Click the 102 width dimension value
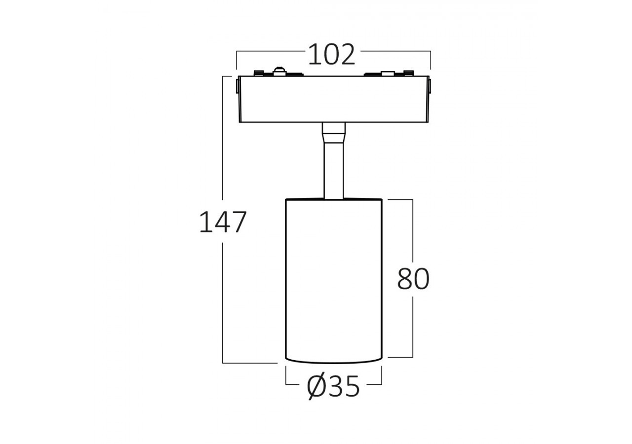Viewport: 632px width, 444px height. (x=332, y=55)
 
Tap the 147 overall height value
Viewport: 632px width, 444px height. (x=223, y=222)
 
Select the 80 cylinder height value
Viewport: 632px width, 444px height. (x=413, y=279)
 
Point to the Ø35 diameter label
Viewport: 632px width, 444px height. (x=333, y=387)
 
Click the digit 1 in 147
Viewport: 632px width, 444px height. (x=205, y=222)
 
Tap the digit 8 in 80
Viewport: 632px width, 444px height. (x=405, y=279)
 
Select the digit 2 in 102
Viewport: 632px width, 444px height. (x=347, y=55)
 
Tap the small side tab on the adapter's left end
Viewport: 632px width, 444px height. (x=237, y=86)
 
